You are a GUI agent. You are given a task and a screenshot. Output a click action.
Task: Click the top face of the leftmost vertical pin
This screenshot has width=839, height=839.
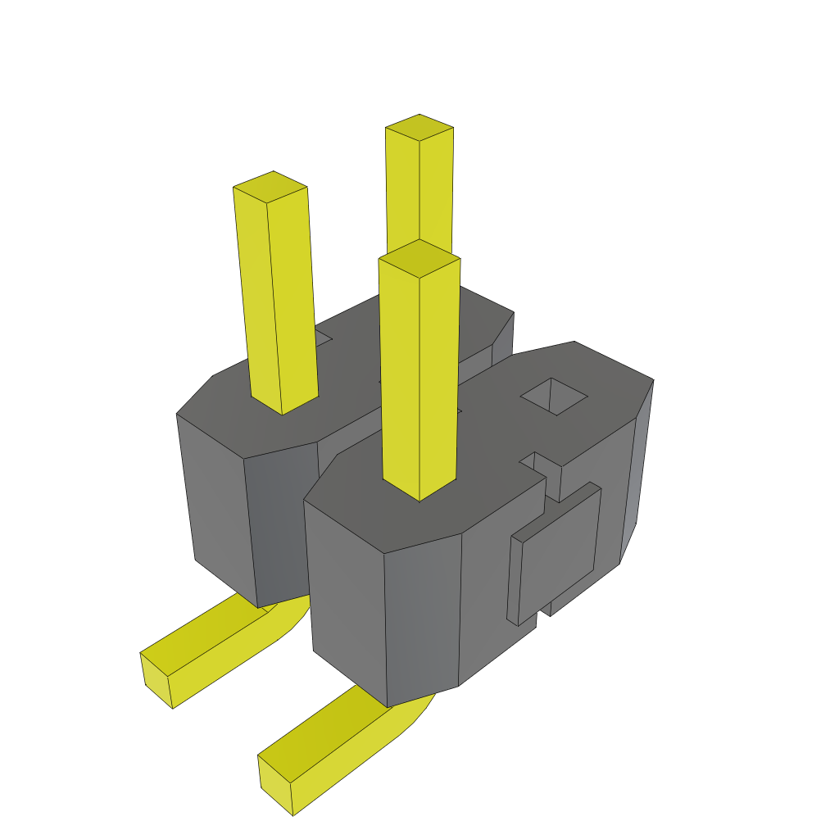point(270,188)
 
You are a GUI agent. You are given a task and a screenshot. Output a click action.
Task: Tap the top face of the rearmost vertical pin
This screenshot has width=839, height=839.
point(419,128)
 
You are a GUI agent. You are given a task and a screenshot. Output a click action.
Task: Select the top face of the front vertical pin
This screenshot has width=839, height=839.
point(419,259)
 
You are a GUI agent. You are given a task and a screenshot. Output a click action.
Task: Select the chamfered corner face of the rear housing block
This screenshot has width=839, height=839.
point(283,524)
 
